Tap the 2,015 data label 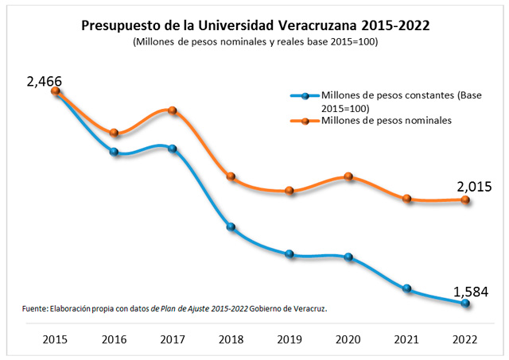pyautogui.click(x=474, y=187)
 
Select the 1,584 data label pyautogui.click(x=472, y=291)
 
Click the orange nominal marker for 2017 pyautogui.click(x=173, y=110)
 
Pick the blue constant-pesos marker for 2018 pyautogui.click(x=231, y=227)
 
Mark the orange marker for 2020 pyautogui.click(x=348, y=176)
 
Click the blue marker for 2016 pyautogui.click(x=115, y=152)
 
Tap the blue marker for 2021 pyautogui.click(x=407, y=288)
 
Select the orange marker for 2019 pyautogui.click(x=289, y=191)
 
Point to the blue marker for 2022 pyautogui.click(x=465, y=303)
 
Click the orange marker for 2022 pyautogui.click(x=465, y=200)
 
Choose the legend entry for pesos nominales pyautogui.click(x=387, y=121)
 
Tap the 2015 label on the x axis pyautogui.click(x=56, y=339)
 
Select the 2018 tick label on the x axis pyautogui.click(x=231, y=339)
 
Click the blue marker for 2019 pyautogui.click(x=289, y=254)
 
